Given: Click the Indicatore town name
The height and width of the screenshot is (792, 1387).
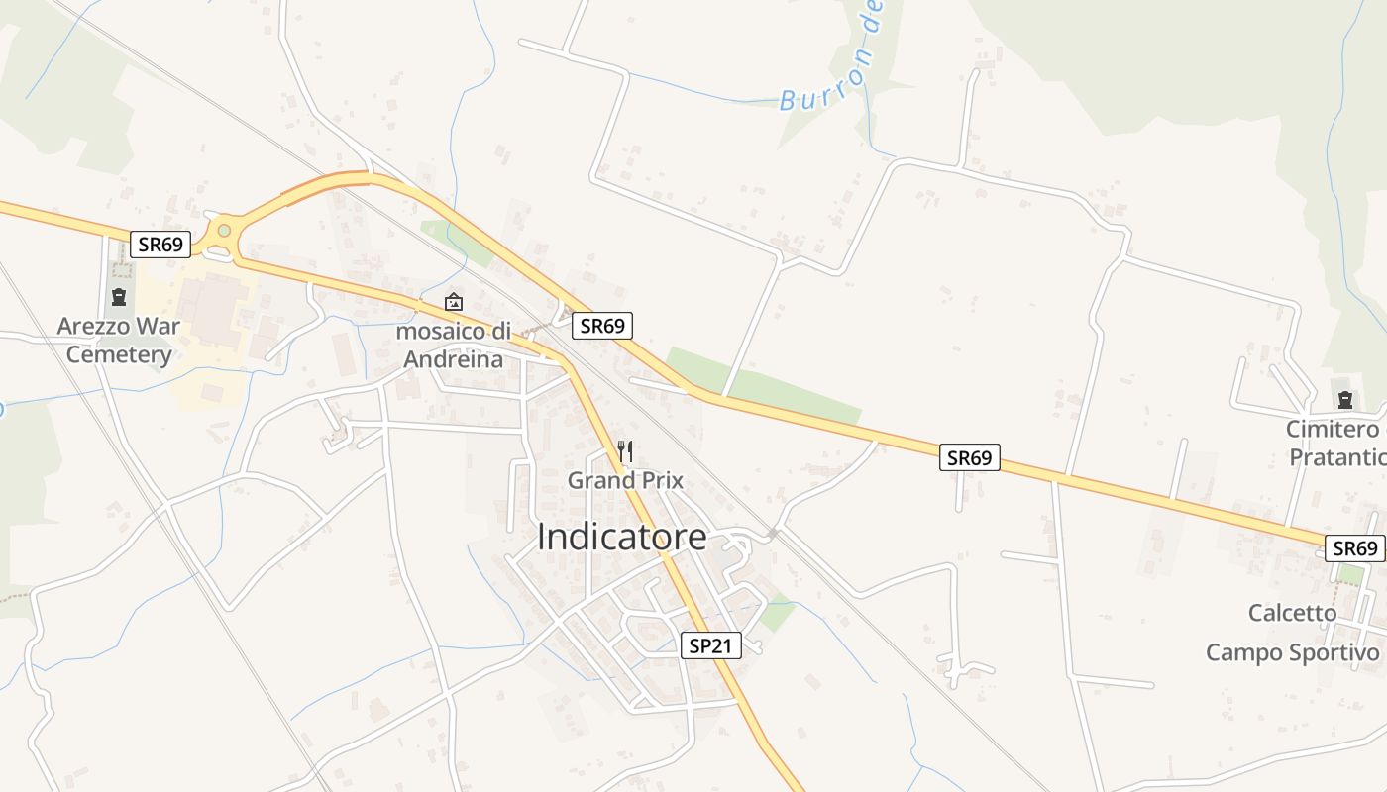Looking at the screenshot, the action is pyautogui.click(x=622, y=537).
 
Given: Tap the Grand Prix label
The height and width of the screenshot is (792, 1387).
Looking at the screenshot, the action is pyautogui.click(x=625, y=480).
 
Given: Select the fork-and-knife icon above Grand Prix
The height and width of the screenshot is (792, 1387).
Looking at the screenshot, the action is pyautogui.click(x=625, y=451).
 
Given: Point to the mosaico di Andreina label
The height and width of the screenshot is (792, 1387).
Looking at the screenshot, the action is pyautogui.click(x=454, y=345).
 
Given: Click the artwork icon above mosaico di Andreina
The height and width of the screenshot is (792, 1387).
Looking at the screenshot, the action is pyautogui.click(x=454, y=301).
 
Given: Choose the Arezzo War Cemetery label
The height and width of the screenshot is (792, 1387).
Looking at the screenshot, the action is pyautogui.click(x=119, y=340).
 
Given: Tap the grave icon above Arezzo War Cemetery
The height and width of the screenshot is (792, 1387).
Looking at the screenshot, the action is pyautogui.click(x=119, y=296).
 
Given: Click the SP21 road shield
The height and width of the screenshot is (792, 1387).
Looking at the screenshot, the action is pyautogui.click(x=712, y=645).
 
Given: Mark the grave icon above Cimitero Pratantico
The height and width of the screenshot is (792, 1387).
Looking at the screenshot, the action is pyautogui.click(x=1344, y=400).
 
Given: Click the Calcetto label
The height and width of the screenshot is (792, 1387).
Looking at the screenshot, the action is pyautogui.click(x=1292, y=613).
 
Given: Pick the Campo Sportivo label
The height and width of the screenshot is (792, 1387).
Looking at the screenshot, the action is pyautogui.click(x=1292, y=652).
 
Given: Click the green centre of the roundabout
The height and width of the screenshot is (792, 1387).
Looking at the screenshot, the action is pyautogui.click(x=224, y=231).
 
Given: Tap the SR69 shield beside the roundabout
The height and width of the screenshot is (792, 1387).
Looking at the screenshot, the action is pyautogui.click(x=160, y=245).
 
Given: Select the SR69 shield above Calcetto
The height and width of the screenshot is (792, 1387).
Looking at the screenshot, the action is pyautogui.click(x=1355, y=548).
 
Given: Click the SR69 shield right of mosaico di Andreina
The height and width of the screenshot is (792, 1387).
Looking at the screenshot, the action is pyautogui.click(x=601, y=326).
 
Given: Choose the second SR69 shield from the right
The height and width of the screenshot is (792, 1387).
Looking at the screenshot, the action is pyautogui.click(x=969, y=457).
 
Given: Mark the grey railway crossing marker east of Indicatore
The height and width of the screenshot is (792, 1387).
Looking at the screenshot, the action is pyautogui.click(x=773, y=534).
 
